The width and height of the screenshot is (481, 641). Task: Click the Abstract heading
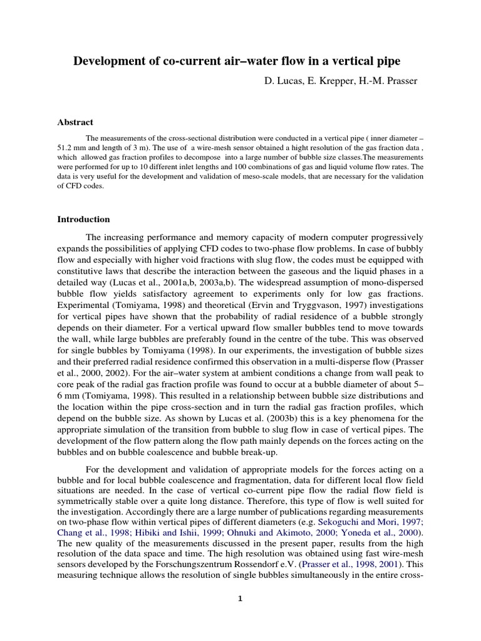75,122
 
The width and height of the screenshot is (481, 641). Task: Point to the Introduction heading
83,219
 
